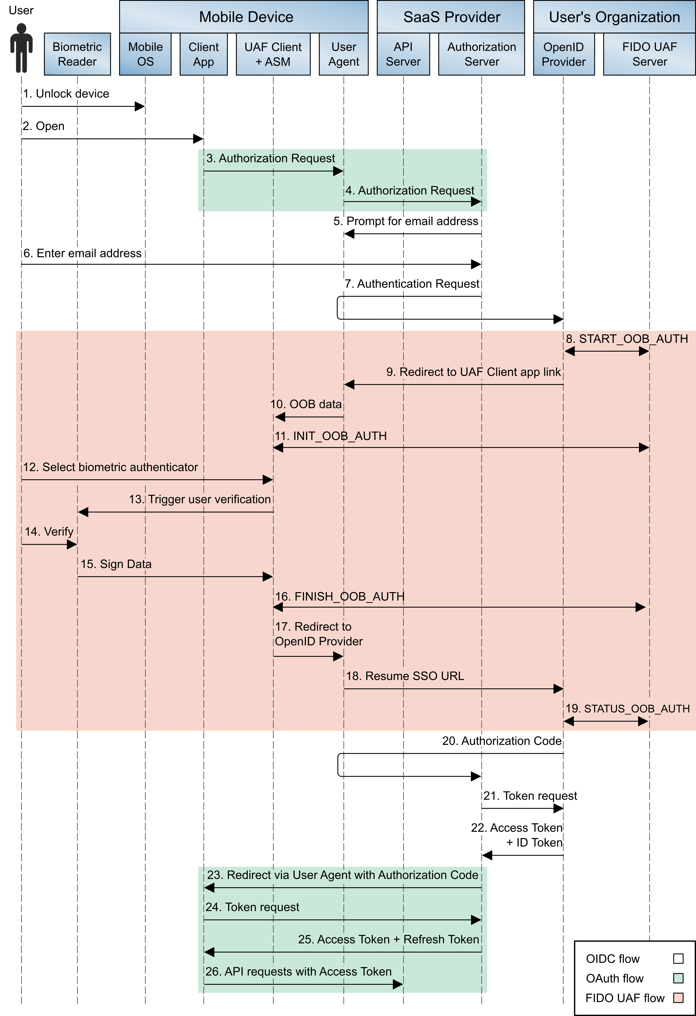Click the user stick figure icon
[x=21, y=48]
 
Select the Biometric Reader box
[x=77, y=54]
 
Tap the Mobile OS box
[x=145, y=54]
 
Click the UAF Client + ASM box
[x=273, y=54]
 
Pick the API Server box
[x=403, y=54]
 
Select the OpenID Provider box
[x=564, y=54]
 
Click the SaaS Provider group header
[x=451, y=17]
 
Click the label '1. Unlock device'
[x=66, y=93]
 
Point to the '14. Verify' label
[x=49, y=532]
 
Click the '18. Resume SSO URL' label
[x=405, y=676]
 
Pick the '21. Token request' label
[x=530, y=796]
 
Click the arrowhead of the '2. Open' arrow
[x=198, y=139]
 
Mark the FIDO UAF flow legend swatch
[x=678, y=998]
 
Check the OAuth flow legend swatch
[x=678, y=978]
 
